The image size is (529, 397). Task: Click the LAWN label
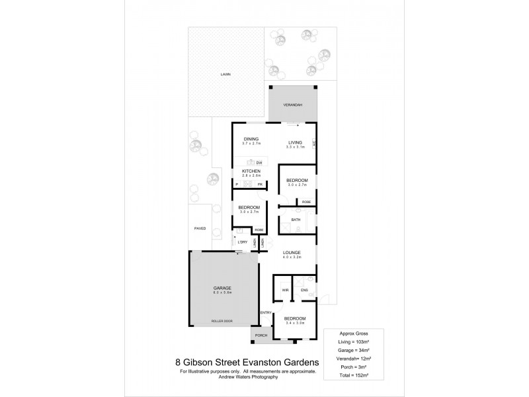[x=226, y=75]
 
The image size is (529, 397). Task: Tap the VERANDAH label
[x=292, y=105]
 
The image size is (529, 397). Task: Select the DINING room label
[x=251, y=139]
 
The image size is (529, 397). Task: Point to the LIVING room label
[x=295, y=142]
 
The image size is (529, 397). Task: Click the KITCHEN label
[x=251, y=171]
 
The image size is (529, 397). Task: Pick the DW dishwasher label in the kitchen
[x=259, y=163]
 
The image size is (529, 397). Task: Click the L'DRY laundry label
[x=243, y=242]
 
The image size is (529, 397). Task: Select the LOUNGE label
[x=292, y=252]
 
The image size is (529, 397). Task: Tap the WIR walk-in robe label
[x=285, y=290]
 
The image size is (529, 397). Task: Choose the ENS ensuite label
[x=304, y=290]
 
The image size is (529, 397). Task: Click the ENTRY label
[x=266, y=312]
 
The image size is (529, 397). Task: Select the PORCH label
[x=261, y=335]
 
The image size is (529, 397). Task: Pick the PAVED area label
[x=200, y=228]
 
